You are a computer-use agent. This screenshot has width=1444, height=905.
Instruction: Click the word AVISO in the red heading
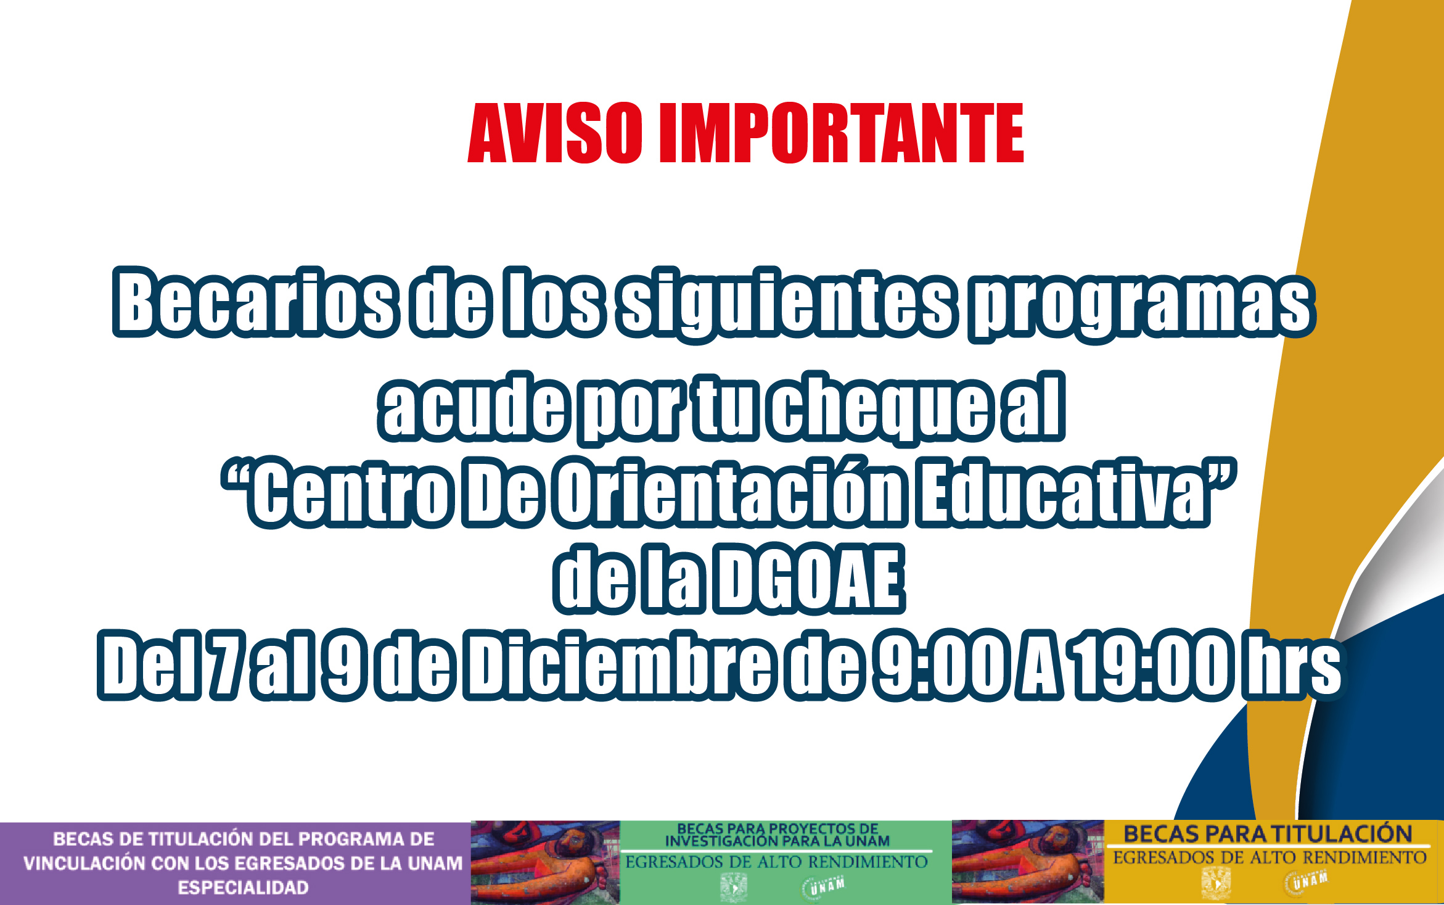tap(556, 133)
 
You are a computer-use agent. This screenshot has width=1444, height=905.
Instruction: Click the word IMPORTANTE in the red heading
tap(842, 133)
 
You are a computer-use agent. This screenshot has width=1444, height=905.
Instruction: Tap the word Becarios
tap(256, 303)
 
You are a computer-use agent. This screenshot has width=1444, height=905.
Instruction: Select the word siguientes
tap(789, 305)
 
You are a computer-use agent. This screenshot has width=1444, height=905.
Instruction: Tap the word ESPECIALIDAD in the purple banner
tap(244, 888)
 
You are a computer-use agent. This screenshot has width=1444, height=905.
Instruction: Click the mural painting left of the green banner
tap(545, 862)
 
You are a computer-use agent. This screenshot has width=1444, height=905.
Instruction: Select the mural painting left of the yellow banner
tap(1028, 862)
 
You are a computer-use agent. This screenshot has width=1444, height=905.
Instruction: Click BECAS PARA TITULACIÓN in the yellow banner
tap(1268, 834)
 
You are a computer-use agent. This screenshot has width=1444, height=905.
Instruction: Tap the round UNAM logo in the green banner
tap(824, 887)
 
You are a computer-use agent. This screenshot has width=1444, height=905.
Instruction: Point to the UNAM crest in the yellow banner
tap(1216, 884)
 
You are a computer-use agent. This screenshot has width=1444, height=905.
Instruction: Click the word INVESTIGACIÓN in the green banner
tap(721, 841)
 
